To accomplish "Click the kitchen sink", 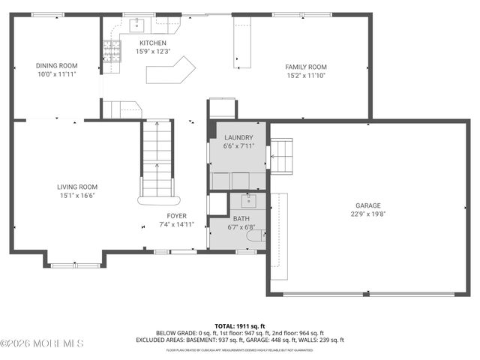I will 137,25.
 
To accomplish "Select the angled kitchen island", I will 170,73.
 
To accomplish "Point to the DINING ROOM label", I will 57,65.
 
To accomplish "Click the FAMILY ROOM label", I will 305,67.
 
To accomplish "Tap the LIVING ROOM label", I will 77,187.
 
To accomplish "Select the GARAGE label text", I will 367,205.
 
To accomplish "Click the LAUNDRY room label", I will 238,137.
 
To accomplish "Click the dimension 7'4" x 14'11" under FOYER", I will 176,224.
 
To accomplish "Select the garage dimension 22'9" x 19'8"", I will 367,214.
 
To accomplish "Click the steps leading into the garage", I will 281,155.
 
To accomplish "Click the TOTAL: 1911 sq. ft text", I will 239,325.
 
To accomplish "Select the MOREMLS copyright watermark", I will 42,343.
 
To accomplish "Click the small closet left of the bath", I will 217,204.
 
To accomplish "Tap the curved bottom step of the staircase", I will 157,200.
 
